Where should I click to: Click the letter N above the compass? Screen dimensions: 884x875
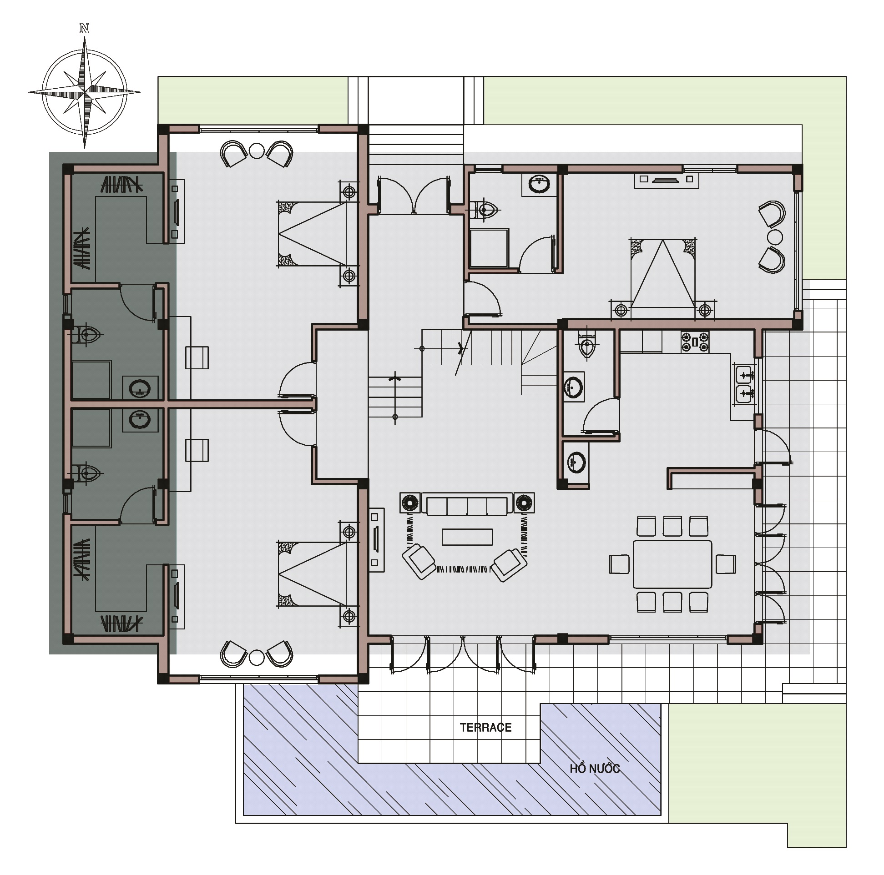pos(85,28)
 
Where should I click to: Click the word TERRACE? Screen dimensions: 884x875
pos(485,727)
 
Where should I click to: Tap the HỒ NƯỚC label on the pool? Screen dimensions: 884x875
pos(595,768)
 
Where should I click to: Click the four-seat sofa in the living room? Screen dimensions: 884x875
pos(467,504)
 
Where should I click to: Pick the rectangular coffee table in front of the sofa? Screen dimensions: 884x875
pos(467,537)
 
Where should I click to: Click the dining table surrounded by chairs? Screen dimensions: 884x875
pos(672,564)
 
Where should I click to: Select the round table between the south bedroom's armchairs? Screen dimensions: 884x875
pos(256,657)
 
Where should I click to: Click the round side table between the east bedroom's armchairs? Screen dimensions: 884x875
pos(775,237)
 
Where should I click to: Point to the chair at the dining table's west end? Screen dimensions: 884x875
pos(619,564)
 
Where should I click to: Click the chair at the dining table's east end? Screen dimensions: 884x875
pos(726,564)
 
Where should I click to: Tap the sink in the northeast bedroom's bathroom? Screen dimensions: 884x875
pos(539,184)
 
